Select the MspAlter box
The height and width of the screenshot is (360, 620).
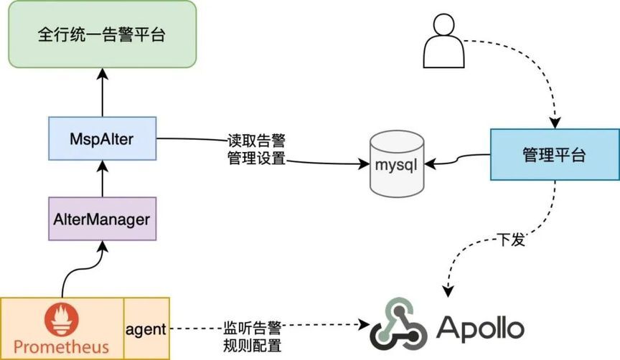(x=102, y=139)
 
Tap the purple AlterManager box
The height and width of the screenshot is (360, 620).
(x=102, y=218)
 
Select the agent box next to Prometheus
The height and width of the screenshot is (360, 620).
(x=146, y=328)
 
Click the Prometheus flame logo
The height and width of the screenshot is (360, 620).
(x=62, y=320)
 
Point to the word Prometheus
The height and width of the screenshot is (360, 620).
(x=62, y=348)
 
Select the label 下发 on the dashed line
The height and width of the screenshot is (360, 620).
(x=512, y=240)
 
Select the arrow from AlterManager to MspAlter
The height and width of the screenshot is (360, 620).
(x=102, y=178)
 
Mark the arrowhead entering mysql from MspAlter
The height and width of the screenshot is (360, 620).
(x=363, y=164)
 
